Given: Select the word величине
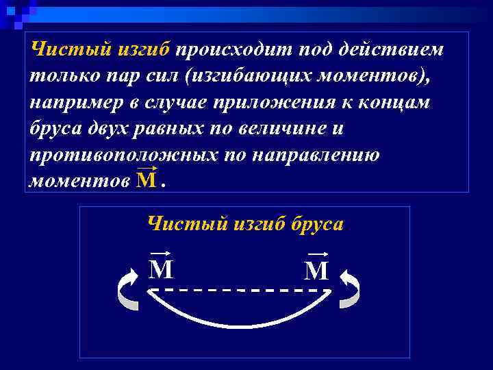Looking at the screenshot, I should tap(286, 129).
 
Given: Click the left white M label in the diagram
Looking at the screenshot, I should tap(161, 269).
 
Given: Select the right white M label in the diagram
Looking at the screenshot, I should tap(316, 271).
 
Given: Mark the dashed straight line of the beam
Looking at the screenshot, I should tap(240, 290).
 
